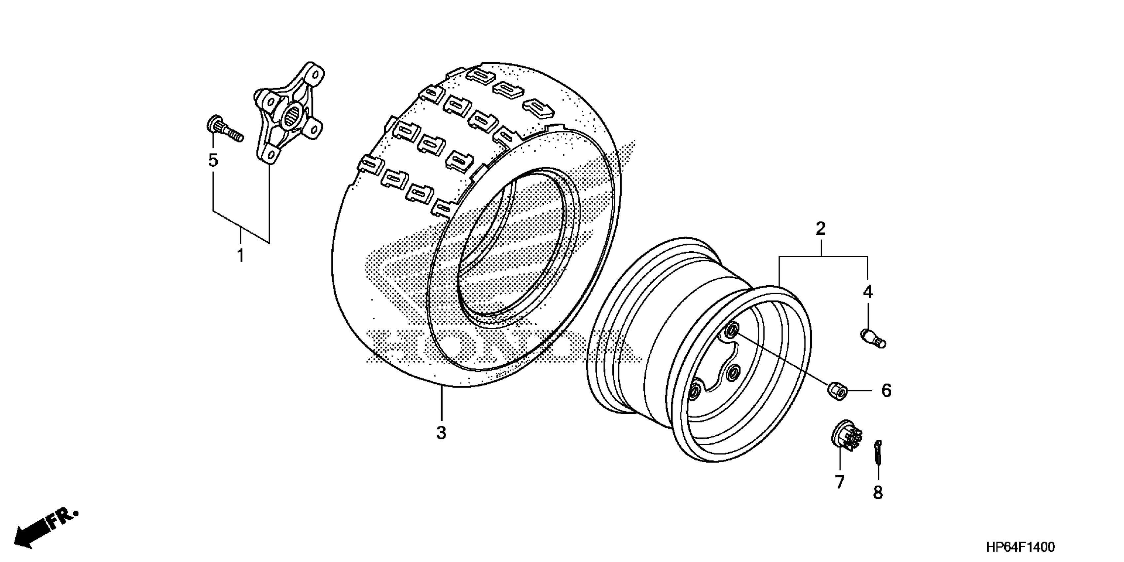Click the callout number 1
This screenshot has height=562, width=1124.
(240, 256)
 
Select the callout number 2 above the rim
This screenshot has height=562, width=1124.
(820, 228)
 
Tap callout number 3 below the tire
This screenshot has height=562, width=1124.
(441, 433)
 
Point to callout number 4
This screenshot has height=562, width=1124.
(867, 292)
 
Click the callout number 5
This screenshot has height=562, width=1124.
(213, 161)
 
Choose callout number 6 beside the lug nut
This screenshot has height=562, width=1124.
(886, 390)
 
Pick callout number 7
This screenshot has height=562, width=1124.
(840, 482)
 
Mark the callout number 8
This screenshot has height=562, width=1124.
(878, 493)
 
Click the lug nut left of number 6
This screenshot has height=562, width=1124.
(837, 390)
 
